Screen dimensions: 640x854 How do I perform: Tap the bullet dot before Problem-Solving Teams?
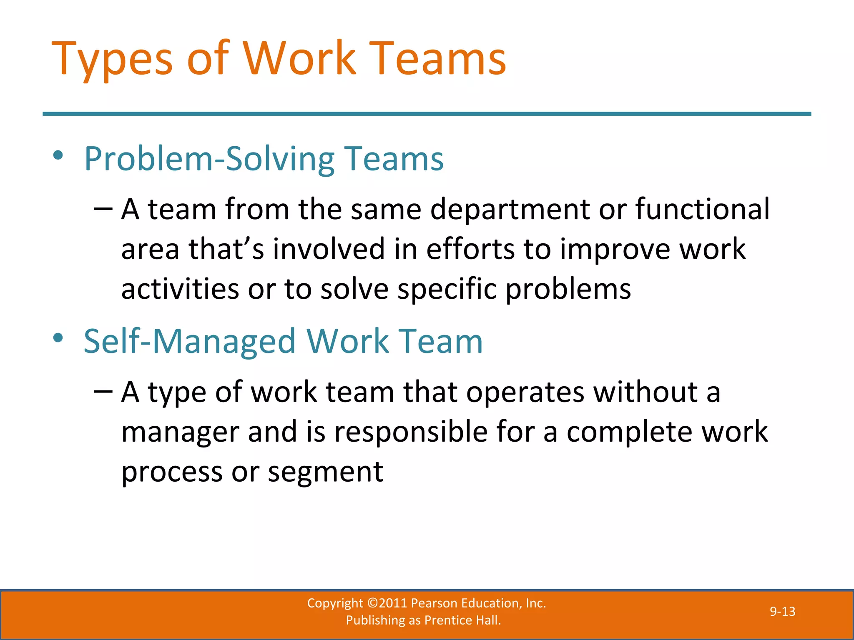58,156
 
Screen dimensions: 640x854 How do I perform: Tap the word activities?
180,289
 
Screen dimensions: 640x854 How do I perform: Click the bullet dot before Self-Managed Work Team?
58,338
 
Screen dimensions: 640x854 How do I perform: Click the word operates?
525,392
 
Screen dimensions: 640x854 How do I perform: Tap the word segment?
325,472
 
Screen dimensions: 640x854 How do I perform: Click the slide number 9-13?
782,611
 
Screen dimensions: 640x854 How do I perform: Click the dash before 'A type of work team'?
103,391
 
